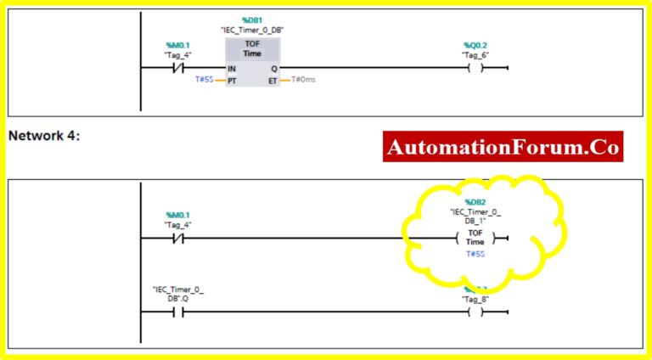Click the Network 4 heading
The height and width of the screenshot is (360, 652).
click(44, 136)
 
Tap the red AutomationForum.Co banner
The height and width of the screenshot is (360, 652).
click(503, 147)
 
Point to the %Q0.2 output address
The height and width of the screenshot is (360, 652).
click(474, 45)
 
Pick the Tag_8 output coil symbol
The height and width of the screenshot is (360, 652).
click(475, 312)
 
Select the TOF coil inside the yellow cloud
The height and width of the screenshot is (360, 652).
click(475, 238)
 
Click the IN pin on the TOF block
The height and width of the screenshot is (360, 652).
click(231, 69)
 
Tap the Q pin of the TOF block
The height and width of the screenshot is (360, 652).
click(273, 69)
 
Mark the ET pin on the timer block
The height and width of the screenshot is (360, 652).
click(273, 80)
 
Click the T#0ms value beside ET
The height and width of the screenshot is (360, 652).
click(304, 80)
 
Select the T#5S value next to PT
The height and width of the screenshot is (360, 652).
click(204, 80)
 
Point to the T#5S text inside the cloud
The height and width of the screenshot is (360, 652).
click(475, 254)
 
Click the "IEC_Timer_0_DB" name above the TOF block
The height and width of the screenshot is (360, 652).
click(252, 29)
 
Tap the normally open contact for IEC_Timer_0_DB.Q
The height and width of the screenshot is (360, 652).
click(178, 312)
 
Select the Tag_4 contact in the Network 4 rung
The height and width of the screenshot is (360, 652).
click(178, 239)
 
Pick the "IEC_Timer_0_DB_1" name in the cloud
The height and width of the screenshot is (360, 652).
click(475, 216)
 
